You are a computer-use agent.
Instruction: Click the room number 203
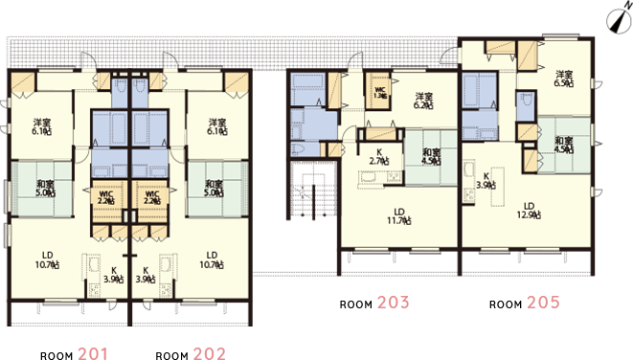point(393,304)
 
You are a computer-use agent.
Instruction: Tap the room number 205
point(542,304)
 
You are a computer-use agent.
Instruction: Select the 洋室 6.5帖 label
point(563,79)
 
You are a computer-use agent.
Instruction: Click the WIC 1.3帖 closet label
point(380,93)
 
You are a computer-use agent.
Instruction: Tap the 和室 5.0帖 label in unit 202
point(215,188)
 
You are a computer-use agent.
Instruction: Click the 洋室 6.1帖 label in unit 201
point(42,127)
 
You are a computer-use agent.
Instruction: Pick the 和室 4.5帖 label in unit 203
point(431,156)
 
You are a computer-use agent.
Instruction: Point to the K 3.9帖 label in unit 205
point(486,181)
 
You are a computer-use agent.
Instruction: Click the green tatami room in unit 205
point(564,144)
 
